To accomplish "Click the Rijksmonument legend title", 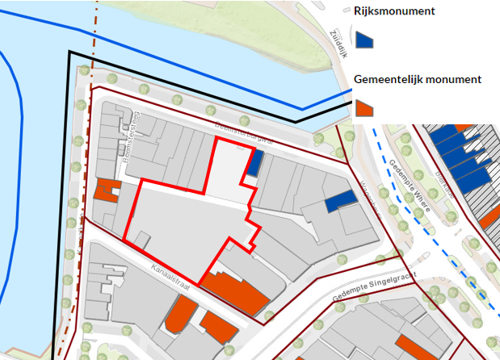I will (x=395, y=11).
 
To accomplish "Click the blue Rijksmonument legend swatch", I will (x=364, y=40).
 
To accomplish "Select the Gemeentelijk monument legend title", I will (x=418, y=79).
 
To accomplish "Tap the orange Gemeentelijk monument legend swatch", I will (x=364, y=108).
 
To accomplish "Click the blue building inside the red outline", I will (x=254, y=164).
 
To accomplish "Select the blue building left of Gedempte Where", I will (x=341, y=200).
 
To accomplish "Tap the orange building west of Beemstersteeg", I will (x=107, y=192).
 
